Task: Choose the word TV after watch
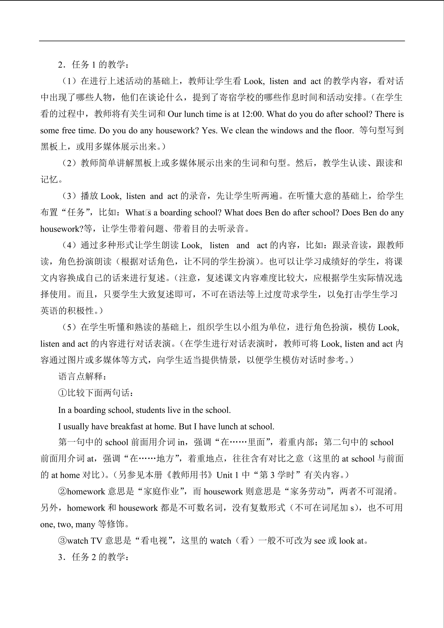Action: coord(96,541)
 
